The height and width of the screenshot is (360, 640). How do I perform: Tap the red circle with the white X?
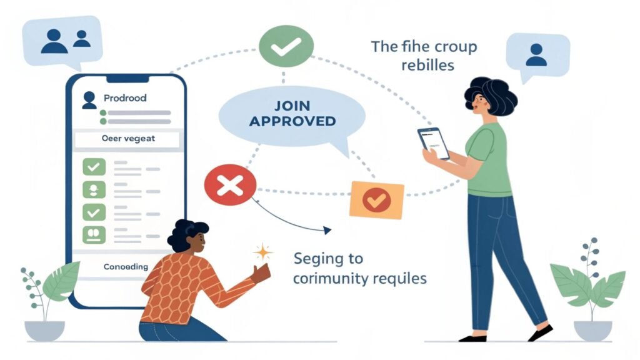(230, 184)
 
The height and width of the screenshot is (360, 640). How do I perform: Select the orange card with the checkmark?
(377, 200)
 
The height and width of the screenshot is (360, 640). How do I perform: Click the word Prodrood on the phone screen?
(125, 98)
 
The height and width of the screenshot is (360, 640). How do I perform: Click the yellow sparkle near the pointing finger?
(263, 252)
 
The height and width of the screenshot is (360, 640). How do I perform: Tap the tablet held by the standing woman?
(434, 142)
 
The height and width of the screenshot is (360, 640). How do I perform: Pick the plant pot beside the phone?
(44, 330)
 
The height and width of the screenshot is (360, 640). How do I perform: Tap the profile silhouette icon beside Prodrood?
(89, 98)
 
